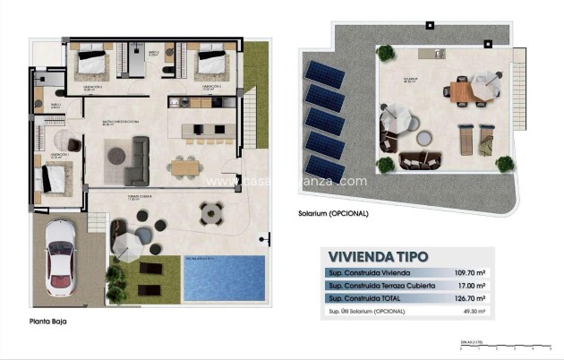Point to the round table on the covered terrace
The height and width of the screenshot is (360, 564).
pos(212,213)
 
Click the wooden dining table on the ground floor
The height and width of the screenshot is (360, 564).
pos(185,165)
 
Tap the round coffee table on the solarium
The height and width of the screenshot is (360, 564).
pos(424,137)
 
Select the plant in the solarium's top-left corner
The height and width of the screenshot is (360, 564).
pos(386,53)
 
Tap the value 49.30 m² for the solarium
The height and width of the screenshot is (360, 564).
pos(471,312)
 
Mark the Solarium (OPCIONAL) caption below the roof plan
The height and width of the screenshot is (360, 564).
pos(333,214)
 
